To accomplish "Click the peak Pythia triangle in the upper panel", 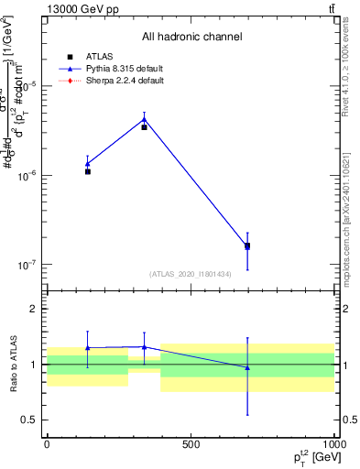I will [x=144, y=118].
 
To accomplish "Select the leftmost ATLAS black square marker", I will [x=88, y=171].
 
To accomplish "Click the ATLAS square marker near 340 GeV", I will [x=144, y=127].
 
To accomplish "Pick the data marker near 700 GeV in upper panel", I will [x=247, y=245].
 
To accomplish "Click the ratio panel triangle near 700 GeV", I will [x=247, y=367].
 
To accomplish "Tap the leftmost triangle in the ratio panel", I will [x=88, y=348].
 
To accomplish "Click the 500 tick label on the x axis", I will [x=191, y=444].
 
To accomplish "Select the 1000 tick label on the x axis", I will [x=333, y=444].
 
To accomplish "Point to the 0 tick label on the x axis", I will [x=47, y=444].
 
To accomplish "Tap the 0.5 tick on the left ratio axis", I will [x=28, y=420].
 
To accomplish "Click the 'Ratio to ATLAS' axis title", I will [x=11, y=364].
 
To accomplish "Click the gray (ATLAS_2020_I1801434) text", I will [x=191, y=274].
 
